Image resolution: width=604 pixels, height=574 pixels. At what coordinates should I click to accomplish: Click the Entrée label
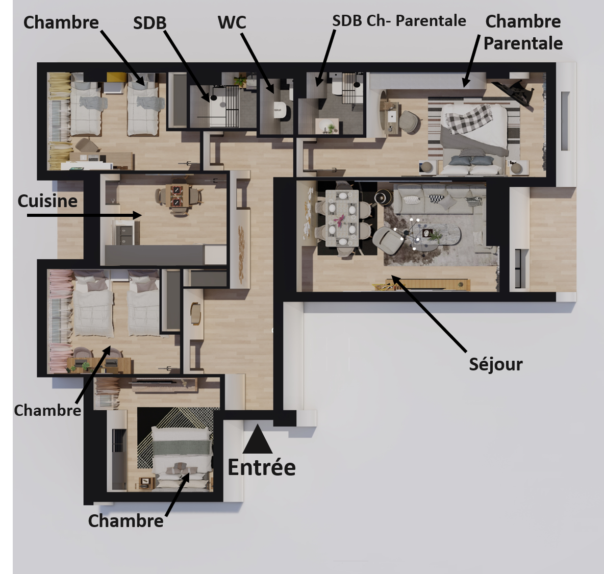pos(262,467)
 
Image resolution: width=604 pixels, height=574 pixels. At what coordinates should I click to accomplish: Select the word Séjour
pos(496,364)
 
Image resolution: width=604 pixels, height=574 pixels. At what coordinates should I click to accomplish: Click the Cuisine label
pos(47,201)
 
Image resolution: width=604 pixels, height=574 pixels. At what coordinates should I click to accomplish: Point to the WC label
pos(232,22)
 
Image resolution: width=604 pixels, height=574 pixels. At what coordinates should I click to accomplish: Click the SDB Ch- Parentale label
pos(399,21)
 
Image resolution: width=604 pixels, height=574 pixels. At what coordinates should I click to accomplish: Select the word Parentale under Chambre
pos(523,43)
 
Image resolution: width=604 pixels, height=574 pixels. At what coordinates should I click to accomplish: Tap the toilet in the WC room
pos(280,110)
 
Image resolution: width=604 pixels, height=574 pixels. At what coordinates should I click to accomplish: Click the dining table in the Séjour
pos(342,218)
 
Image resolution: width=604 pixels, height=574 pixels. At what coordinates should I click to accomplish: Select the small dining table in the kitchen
pos(177,195)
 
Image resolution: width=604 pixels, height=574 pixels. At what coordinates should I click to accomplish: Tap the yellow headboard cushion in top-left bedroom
pos(116,77)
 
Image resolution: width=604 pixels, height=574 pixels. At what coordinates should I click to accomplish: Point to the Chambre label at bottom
pos(125,521)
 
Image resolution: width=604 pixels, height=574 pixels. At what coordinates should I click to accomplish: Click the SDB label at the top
pos(150,23)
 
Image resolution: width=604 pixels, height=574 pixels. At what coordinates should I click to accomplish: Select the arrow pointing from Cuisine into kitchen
pos(84,215)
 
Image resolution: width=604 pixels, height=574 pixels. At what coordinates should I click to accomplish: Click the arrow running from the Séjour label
pos(429,314)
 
